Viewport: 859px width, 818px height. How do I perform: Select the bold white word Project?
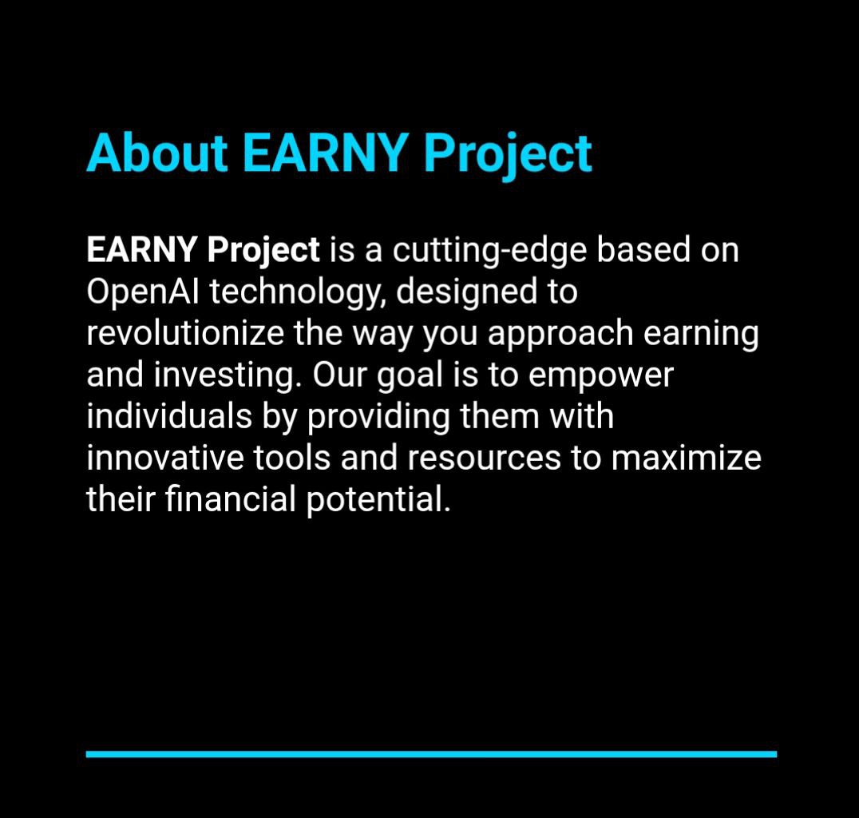point(263,251)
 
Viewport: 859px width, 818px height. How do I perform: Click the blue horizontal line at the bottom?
point(431,753)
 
